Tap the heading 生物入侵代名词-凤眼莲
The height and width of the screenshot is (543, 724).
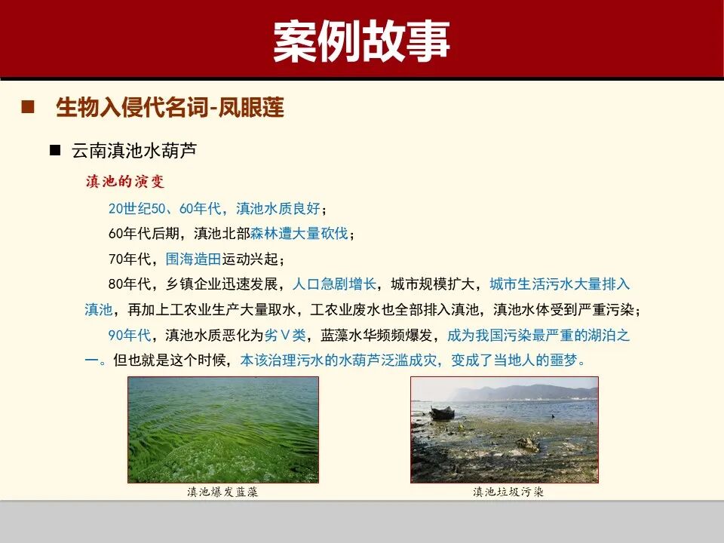tap(170, 108)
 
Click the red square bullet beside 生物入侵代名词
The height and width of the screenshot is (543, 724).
tap(29, 107)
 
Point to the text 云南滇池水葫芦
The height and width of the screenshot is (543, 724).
tap(133, 150)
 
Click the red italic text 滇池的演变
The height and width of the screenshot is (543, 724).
tap(124, 182)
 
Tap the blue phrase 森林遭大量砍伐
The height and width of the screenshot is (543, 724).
tap(299, 234)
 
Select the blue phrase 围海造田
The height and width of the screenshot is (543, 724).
tap(193, 259)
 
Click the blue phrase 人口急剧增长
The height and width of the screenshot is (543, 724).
tap(334, 284)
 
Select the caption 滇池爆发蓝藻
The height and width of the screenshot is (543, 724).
tap(222, 492)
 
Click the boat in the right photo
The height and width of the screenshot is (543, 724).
tap(442, 413)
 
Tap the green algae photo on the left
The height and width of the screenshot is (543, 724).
tap(223, 430)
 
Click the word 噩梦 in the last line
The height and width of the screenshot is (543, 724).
tap(565, 360)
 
